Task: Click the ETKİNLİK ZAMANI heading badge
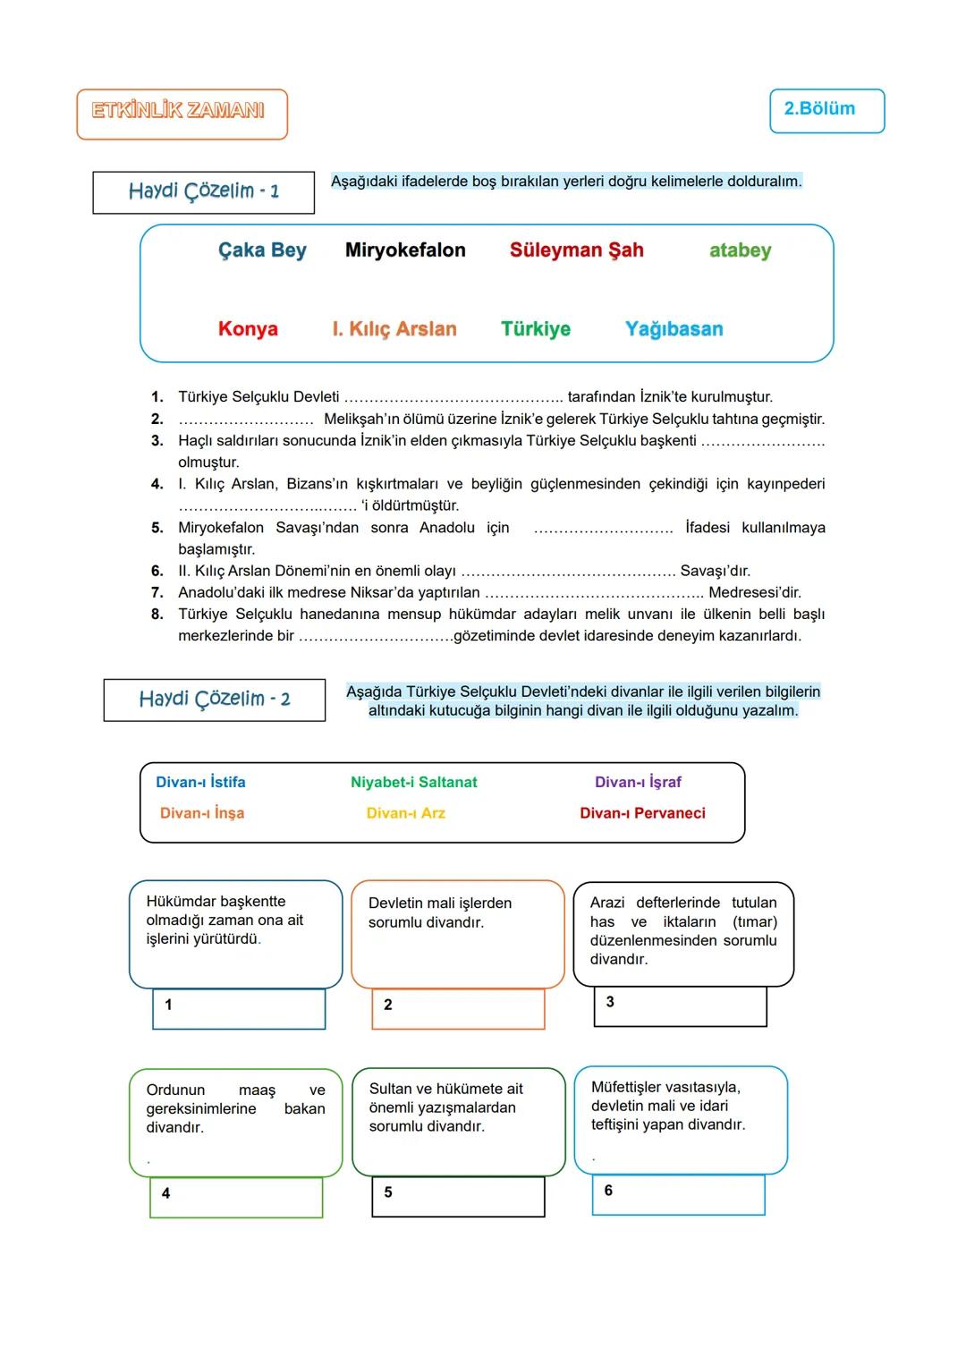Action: [x=182, y=114]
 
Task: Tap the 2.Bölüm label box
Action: [x=826, y=110]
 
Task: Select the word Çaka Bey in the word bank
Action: [x=262, y=250]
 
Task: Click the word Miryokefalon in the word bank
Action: [x=405, y=250]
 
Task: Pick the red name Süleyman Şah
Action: [x=577, y=250]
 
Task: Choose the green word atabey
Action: [x=740, y=250]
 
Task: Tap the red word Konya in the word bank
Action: [x=248, y=329]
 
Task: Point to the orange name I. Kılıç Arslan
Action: [x=394, y=329]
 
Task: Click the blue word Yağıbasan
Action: [x=674, y=329]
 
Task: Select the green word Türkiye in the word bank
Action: [x=535, y=329]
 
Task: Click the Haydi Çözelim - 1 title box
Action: [x=203, y=192]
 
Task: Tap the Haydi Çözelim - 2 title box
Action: [x=214, y=700]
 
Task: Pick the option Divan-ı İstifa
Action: [x=200, y=783]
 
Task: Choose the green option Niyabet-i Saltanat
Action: [x=413, y=783]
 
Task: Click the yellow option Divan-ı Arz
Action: [x=405, y=813]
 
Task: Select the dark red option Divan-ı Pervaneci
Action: [x=642, y=813]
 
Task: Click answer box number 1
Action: [x=239, y=1009]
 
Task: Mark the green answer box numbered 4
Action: [x=236, y=1198]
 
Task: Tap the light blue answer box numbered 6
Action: [x=678, y=1195]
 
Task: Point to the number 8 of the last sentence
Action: [x=157, y=615]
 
